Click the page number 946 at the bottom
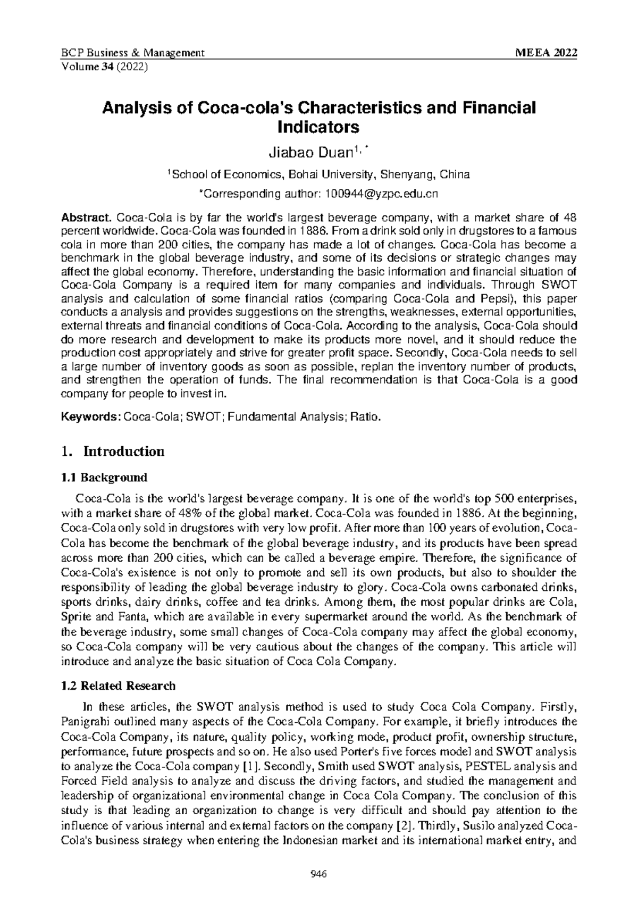[x=319, y=873]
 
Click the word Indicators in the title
[x=318, y=128]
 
